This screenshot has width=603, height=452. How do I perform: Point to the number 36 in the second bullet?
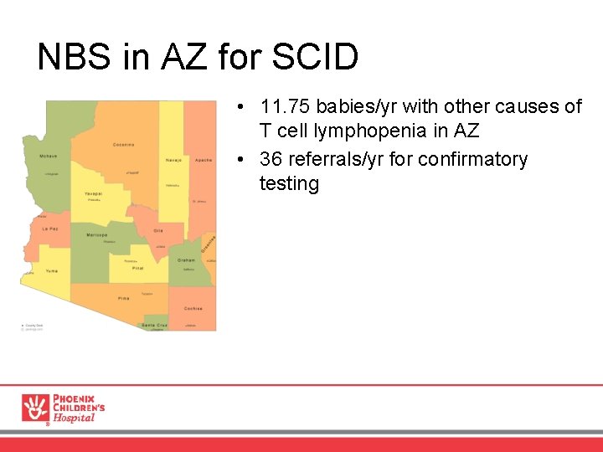271,159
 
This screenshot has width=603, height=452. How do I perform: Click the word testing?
289,183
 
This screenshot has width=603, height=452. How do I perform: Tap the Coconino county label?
124,145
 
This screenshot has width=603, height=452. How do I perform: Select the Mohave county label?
48,157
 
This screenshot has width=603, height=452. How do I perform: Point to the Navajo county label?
173,160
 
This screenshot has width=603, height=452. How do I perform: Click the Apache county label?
204,160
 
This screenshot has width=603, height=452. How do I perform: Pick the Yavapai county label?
93,193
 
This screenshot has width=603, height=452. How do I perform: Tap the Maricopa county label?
96,235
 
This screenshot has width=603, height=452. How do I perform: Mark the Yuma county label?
52,271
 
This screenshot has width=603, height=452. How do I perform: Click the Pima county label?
124,298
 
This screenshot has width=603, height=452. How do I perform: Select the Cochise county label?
193,308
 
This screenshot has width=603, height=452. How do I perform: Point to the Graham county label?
186,260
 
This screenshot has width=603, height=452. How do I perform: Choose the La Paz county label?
50,229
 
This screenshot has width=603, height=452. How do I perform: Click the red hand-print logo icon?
35,408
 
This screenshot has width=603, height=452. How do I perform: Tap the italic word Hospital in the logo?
74,419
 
